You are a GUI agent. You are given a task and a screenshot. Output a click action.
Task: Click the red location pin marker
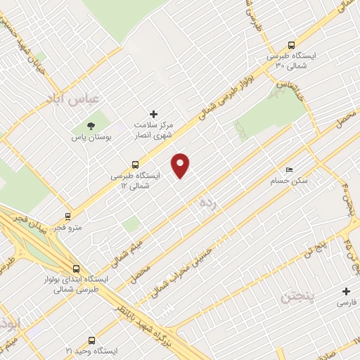[x=181, y=165]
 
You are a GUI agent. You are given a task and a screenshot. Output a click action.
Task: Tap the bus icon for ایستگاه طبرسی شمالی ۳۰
[x=292, y=44]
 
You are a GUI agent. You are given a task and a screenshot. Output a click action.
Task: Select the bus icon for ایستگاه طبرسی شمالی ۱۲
[x=135, y=165]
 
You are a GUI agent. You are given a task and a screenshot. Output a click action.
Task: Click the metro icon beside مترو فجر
[x=68, y=216]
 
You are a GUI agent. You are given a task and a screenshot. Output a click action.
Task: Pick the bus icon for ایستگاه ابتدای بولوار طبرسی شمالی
[x=76, y=268]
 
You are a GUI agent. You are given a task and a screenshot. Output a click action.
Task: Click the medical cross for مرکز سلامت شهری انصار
[x=154, y=113]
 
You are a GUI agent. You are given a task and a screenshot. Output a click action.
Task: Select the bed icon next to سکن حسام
[x=289, y=170]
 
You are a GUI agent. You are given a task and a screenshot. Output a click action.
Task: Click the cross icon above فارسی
[x=345, y=291]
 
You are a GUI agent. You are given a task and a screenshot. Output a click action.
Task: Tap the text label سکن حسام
[x=294, y=181]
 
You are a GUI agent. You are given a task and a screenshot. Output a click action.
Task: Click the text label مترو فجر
[x=69, y=228]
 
